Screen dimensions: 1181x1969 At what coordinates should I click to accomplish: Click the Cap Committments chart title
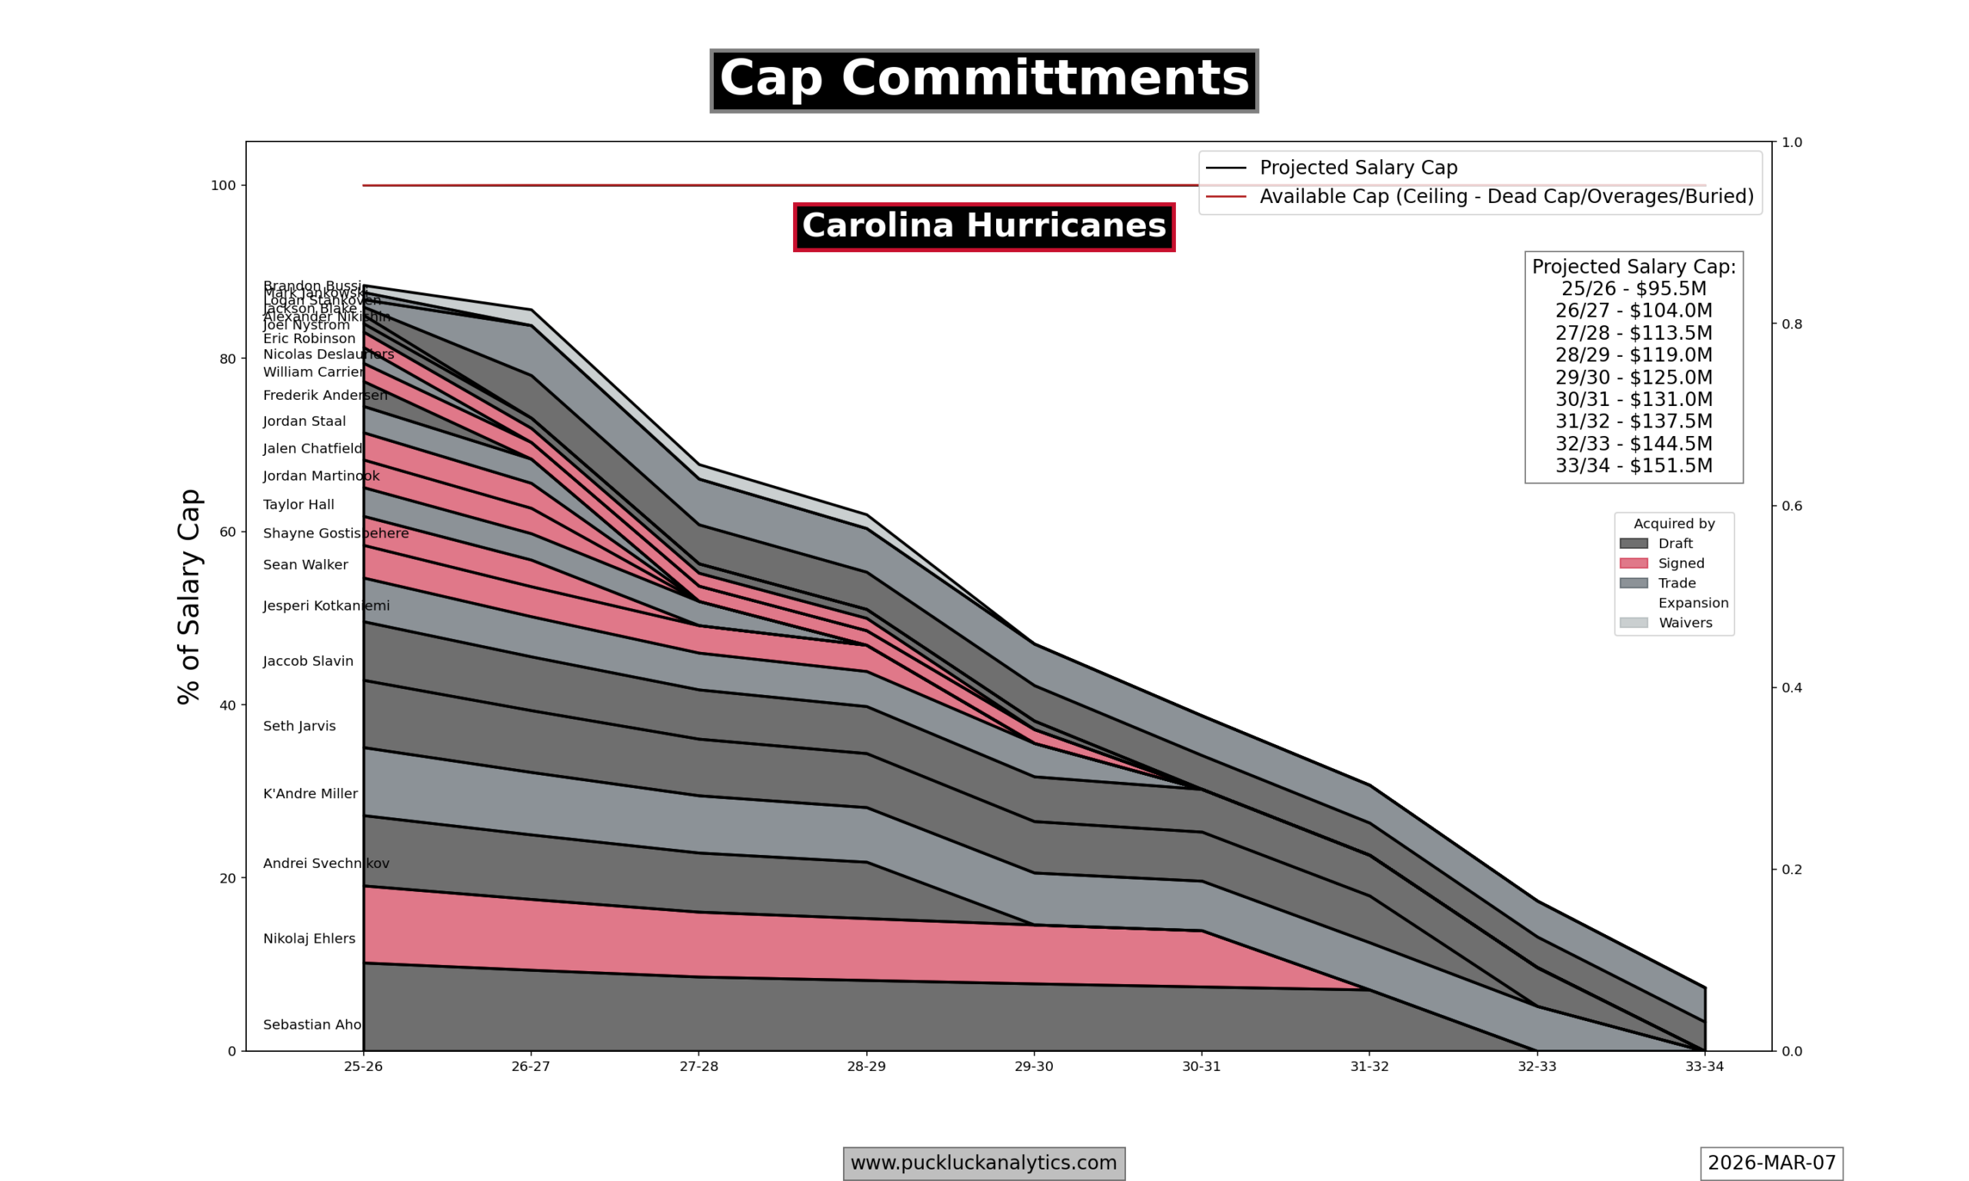click(984, 81)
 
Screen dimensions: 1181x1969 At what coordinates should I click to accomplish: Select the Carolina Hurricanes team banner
click(984, 227)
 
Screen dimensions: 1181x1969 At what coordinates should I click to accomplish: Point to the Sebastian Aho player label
click(312, 1025)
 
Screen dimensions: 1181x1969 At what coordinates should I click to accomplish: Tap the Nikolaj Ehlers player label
click(308, 939)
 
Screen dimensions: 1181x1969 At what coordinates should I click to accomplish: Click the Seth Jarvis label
click(299, 727)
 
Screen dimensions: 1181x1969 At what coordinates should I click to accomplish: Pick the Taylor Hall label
click(298, 505)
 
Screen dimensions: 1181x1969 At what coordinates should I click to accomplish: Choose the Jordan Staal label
click(304, 422)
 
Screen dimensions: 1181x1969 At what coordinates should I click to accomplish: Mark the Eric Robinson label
click(308, 339)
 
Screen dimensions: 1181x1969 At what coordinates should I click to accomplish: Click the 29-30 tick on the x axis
click(1033, 1067)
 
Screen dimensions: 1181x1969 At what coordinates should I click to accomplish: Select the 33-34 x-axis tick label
click(1704, 1067)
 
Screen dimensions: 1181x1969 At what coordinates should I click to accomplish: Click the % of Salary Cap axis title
click(189, 597)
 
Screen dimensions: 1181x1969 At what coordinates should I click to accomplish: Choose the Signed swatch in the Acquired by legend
click(1633, 564)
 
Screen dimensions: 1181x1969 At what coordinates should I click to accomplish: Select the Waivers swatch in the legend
click(1633, 623)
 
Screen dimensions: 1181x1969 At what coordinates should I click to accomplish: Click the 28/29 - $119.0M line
click(1633, 355)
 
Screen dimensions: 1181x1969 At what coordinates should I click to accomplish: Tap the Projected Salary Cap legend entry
click(1358, 168)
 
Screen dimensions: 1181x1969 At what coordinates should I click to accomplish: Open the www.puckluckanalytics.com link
click(984, 1163)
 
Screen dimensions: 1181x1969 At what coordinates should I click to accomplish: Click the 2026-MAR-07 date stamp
click(1771, 1163)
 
